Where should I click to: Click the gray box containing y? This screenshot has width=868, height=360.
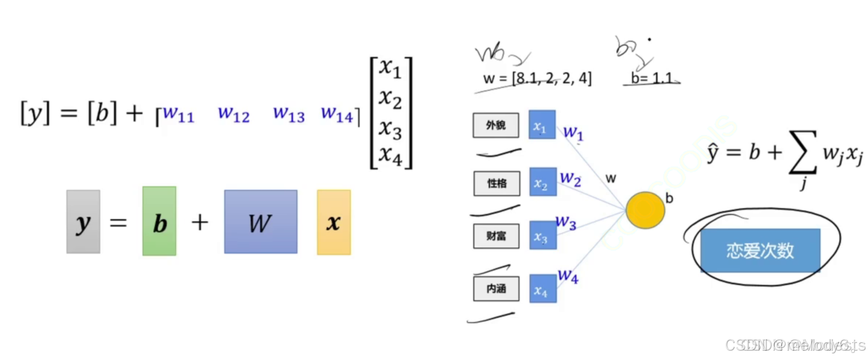click(x=83, y=222)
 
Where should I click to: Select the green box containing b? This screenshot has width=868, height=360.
click(x=159, y=221)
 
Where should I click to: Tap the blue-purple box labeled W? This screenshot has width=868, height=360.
click(x=261, y=222)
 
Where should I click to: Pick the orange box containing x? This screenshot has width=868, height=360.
click(x=334, y=222)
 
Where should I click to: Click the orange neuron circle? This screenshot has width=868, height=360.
click(x=645, y=210)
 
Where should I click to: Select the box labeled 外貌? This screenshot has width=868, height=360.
click(x=496, y=125)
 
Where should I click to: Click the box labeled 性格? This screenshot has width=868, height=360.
click(x=496, y=183)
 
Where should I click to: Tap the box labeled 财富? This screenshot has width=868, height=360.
click(x=496, y=236)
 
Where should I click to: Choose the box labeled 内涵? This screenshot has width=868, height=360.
click(x=496, y=289)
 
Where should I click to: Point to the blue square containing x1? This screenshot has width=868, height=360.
click(x=542, y=125)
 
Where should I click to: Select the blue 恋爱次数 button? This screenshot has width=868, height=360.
click(x=760, y=251)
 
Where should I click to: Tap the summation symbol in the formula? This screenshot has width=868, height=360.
click(x=802, y=152)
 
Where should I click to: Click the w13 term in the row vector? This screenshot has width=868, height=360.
click(x=289, y=114)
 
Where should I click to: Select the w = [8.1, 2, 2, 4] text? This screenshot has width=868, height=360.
click(x=537, y=78)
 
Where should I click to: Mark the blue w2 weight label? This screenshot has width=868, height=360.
click(x=570, y=178)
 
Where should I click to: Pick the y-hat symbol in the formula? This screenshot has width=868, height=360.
click(x=712, y=153)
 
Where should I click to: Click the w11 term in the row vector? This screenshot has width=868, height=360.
click(x=178, y=114)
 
